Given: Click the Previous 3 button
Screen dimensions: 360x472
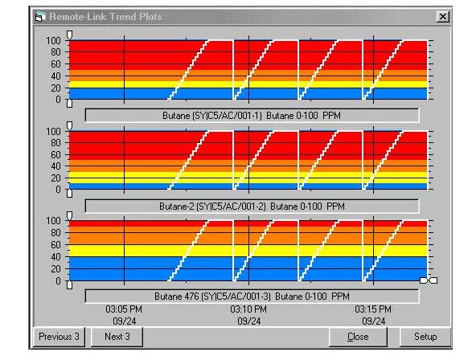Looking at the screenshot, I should pos(60,336).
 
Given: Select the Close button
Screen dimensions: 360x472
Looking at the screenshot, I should pos(358,336).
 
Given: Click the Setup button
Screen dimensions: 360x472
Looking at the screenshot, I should pos(425,336).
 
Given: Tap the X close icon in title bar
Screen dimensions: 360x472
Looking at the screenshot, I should pos(441,16).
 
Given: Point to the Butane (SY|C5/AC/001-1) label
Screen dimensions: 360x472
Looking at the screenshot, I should pos(252,115).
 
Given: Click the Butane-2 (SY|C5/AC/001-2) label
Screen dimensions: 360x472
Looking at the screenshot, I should pos(252,206).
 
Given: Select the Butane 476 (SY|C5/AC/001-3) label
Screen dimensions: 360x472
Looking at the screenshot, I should pos(252,296).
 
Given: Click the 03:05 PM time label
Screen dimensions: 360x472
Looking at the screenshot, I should pos(124,309).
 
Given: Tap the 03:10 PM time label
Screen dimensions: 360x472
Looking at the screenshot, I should pos(248,309).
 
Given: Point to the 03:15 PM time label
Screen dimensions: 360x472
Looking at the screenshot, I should pos(373,309).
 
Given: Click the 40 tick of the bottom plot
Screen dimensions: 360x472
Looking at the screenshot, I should pos(55,257).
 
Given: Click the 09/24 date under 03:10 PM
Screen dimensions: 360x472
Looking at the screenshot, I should pos(248,321).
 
